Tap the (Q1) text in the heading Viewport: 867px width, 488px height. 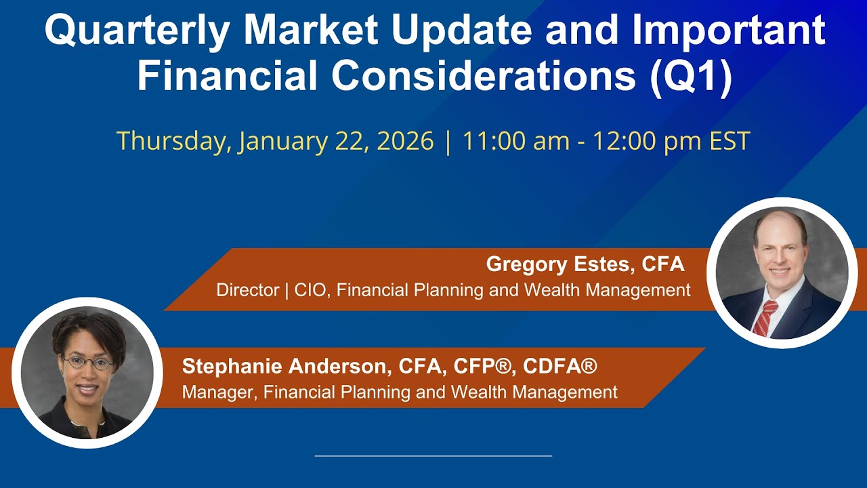[x=690, y=76]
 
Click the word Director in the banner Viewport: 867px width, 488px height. [x=248, y=289]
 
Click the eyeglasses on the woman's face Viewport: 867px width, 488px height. [x=87, y=363]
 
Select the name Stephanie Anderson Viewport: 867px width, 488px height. [x=284, y=366]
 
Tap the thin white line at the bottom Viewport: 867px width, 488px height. [x=433, y=456]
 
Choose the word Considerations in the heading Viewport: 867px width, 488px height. [x=484, y=76]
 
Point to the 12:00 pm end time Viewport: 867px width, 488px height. [x=646, y=141]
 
